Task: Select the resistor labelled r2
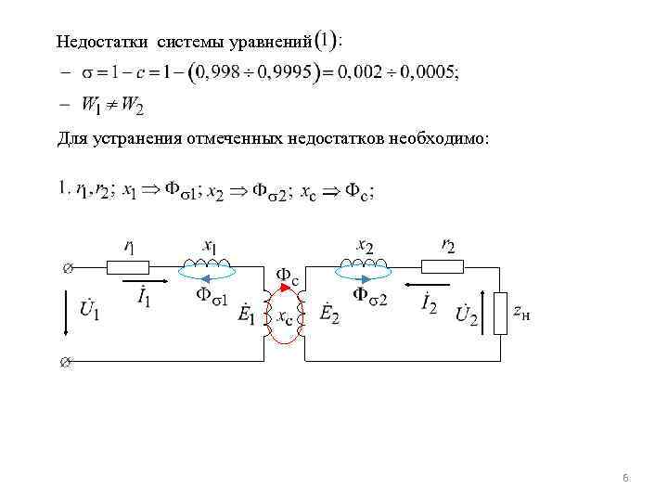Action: (443, 267)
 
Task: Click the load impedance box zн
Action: (502, 315)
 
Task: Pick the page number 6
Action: (625, 478)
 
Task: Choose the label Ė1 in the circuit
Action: (248, 316)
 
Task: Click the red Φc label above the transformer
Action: (289, 276)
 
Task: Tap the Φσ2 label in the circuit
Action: (370, 296)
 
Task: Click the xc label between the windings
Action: (286, 318)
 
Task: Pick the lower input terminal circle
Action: (64, 362)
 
